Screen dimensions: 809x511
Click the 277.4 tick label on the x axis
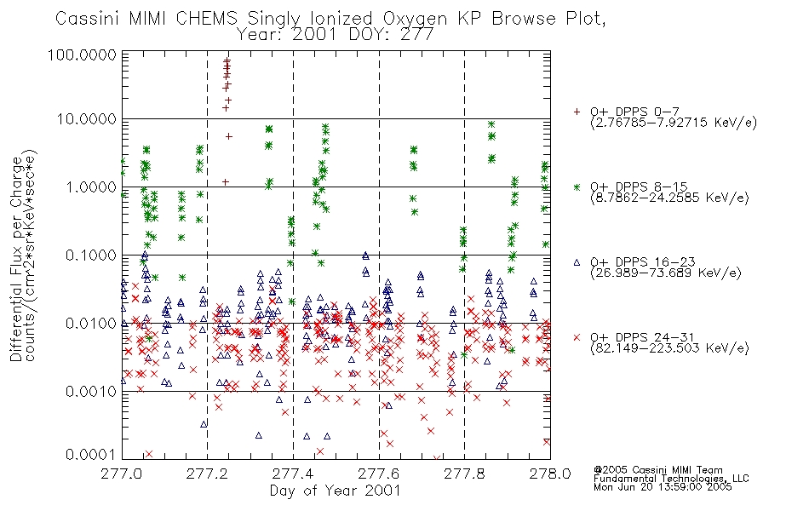(293, 474)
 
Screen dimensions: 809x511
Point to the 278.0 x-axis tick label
(550, 474)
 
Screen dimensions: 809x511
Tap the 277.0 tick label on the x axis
(122, 474)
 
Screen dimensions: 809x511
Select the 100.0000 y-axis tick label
(82, 55)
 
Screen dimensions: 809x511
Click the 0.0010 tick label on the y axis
(91, 392)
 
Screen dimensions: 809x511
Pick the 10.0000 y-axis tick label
(87, 119)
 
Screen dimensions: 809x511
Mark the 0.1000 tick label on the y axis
(91, 255)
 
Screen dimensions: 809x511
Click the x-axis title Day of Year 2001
(336, 491)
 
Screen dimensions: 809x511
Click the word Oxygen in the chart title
(415, 19)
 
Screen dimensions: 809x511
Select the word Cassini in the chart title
(88, 19)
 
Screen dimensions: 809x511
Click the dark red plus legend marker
(577, 112)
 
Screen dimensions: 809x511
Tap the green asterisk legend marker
(577, 187)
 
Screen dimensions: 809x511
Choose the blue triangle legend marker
(577, 262)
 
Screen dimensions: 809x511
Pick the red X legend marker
(577, 337)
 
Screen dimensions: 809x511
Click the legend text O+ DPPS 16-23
(643, 262)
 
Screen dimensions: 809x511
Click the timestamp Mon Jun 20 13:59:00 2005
(663, 487)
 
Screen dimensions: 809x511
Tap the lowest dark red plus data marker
(226, 181)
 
